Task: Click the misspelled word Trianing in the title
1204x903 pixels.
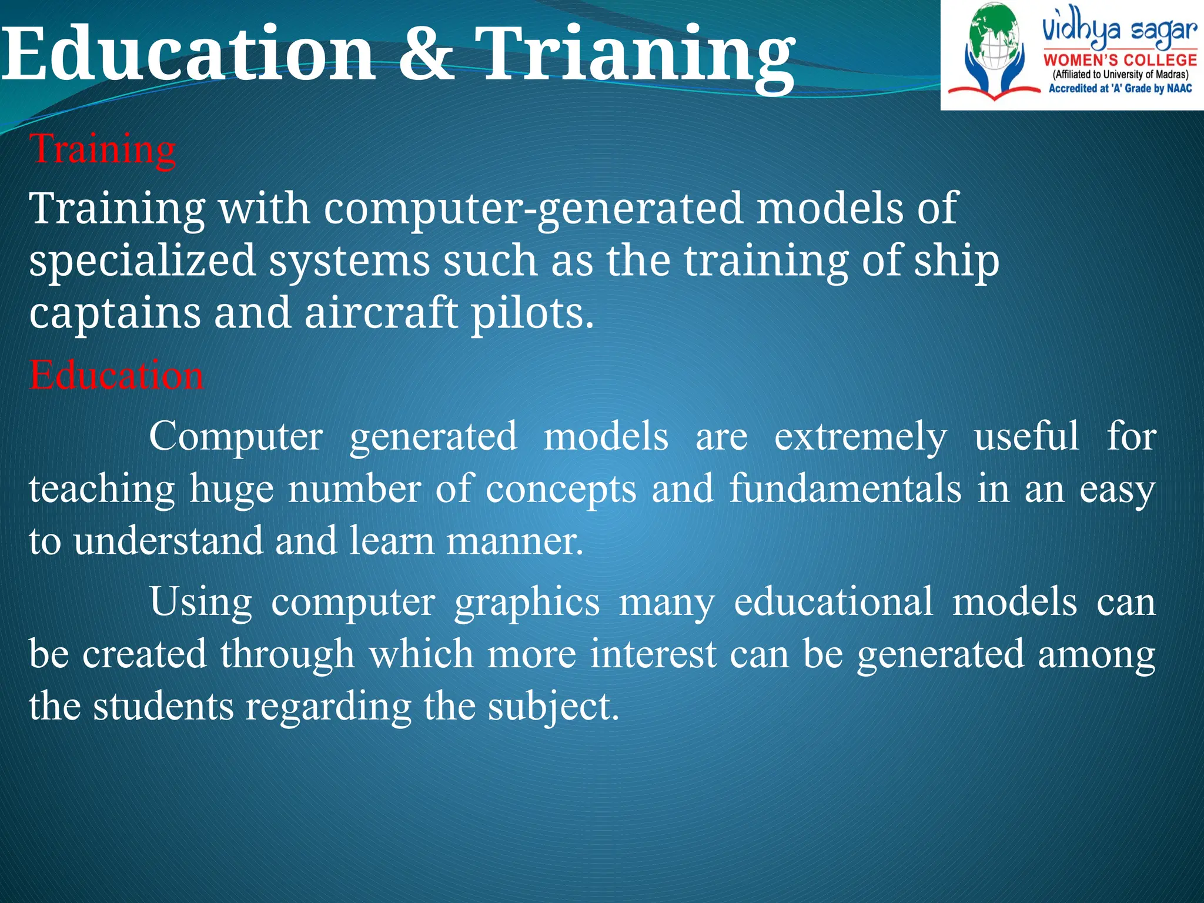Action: click(x=635, y=56)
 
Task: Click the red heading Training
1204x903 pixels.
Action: click(x=103, y=149)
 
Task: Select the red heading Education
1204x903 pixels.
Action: click(x=116, y=375)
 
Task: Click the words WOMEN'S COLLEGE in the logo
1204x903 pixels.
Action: click(x=1120, y=60)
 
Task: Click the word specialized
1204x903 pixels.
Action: click(x=142, y=261)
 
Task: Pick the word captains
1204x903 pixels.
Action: click(x=115, y=313)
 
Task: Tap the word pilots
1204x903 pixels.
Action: click(x=532, y=314)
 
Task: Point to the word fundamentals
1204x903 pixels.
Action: click(x=845, y=489)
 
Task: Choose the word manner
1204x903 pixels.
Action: click(x=514, y=541)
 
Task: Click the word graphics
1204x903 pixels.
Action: click(x=527, y=603)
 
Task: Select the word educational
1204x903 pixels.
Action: click(x=833, y=602)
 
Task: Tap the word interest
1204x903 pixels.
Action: click(x=653, y=654)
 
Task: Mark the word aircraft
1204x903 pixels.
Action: click(x=381, y=313)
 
